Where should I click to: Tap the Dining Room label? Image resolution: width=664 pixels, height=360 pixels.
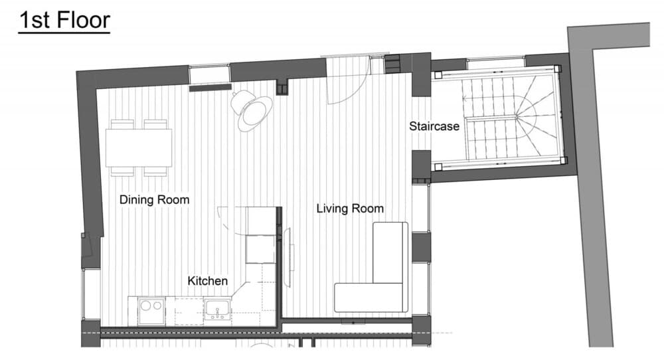coord(154,199)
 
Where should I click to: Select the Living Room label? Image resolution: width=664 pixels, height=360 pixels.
coord(350,209)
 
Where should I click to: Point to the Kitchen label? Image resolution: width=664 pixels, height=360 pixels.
coord(207,281)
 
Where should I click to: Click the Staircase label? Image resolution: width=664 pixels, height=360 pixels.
coord(434,126)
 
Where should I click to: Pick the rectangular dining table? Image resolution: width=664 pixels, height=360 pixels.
coord(139,147)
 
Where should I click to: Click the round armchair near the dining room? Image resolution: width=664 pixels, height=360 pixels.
coord(253,110)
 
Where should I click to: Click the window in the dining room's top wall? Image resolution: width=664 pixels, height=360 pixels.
coord(209,72)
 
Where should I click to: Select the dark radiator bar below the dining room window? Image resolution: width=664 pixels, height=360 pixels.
coord(210,87)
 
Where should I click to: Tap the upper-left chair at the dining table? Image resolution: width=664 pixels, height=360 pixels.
coord(122,124)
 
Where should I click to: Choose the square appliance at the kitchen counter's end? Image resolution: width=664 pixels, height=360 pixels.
coord(260,250)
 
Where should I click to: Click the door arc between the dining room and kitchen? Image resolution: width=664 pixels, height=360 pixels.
coord(229,220)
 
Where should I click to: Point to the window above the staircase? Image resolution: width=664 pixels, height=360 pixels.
coord(495,64)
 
